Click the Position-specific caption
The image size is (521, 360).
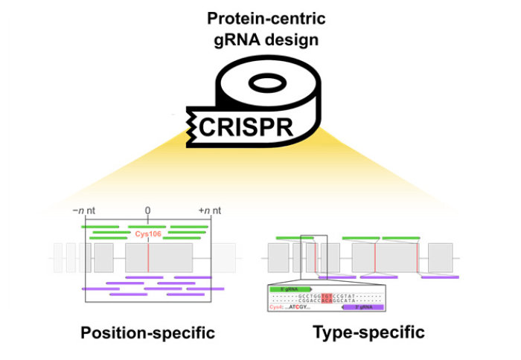pos(147,332)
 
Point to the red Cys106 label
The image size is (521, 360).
pos(148,234)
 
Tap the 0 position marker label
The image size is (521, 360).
pos(148,211)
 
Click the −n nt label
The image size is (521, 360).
pos(84,211)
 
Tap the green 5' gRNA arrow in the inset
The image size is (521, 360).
pos(293,287)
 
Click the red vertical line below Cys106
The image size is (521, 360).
pos(148,257)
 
